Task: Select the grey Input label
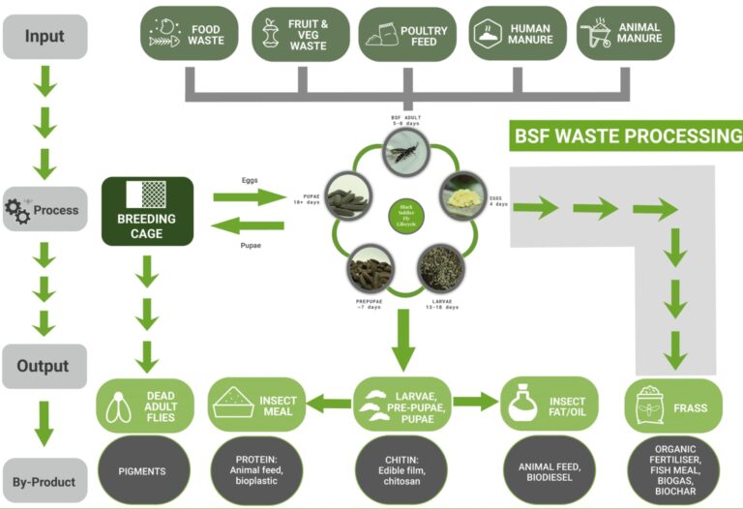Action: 45,36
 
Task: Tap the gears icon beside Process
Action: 18,209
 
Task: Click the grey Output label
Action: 45,366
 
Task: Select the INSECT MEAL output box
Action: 255,404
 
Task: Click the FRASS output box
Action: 667,404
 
